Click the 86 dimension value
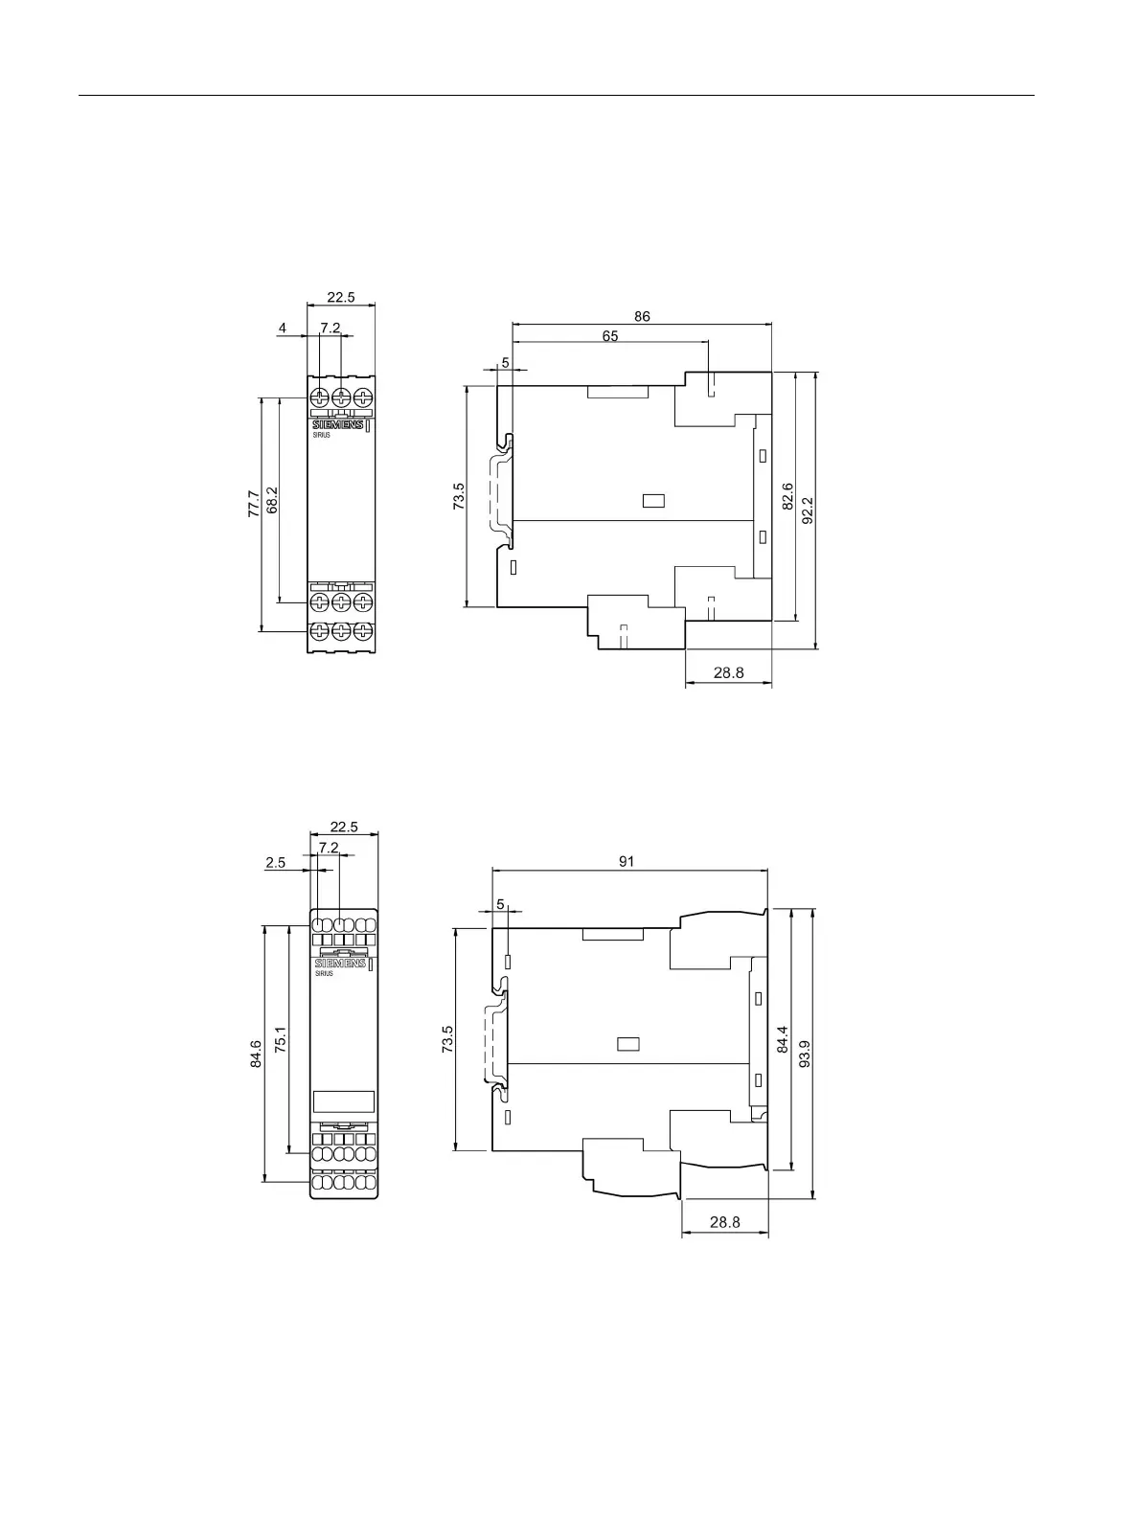[642, 316]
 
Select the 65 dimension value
[610, 336]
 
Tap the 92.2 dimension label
[808, 510]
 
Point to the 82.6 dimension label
[787, 496]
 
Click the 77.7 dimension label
[254, 504]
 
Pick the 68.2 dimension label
[272, 500]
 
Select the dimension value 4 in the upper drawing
[283, 328]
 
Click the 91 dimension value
[627, 861]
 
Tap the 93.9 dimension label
[804, 1054]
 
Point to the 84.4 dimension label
[783, 1039]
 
